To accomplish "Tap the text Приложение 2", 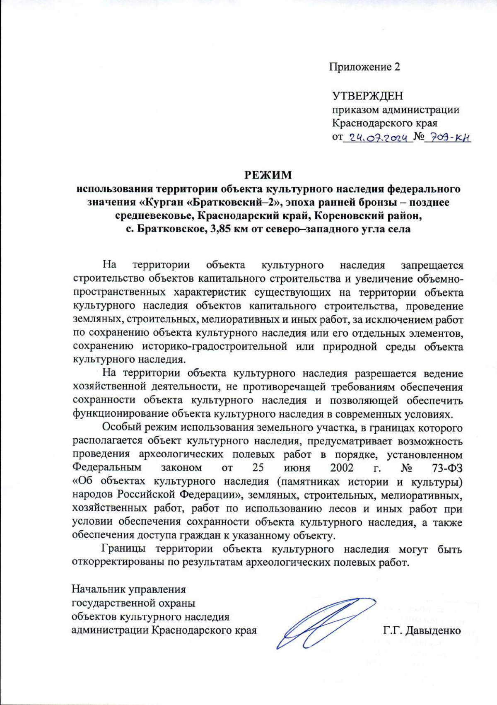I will pyautogui.click(x=364, y=67).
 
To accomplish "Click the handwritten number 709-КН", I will pyautogui.click(x=450, y=138).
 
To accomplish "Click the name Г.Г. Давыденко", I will pyautogui.click(x=422, y=631).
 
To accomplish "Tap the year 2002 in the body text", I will pyautogui.click(x=342, y=468).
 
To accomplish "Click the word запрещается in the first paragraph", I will pyautogui.click(x=432, y=265).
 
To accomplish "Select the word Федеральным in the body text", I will pyautogui.click(x=107, y=468).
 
